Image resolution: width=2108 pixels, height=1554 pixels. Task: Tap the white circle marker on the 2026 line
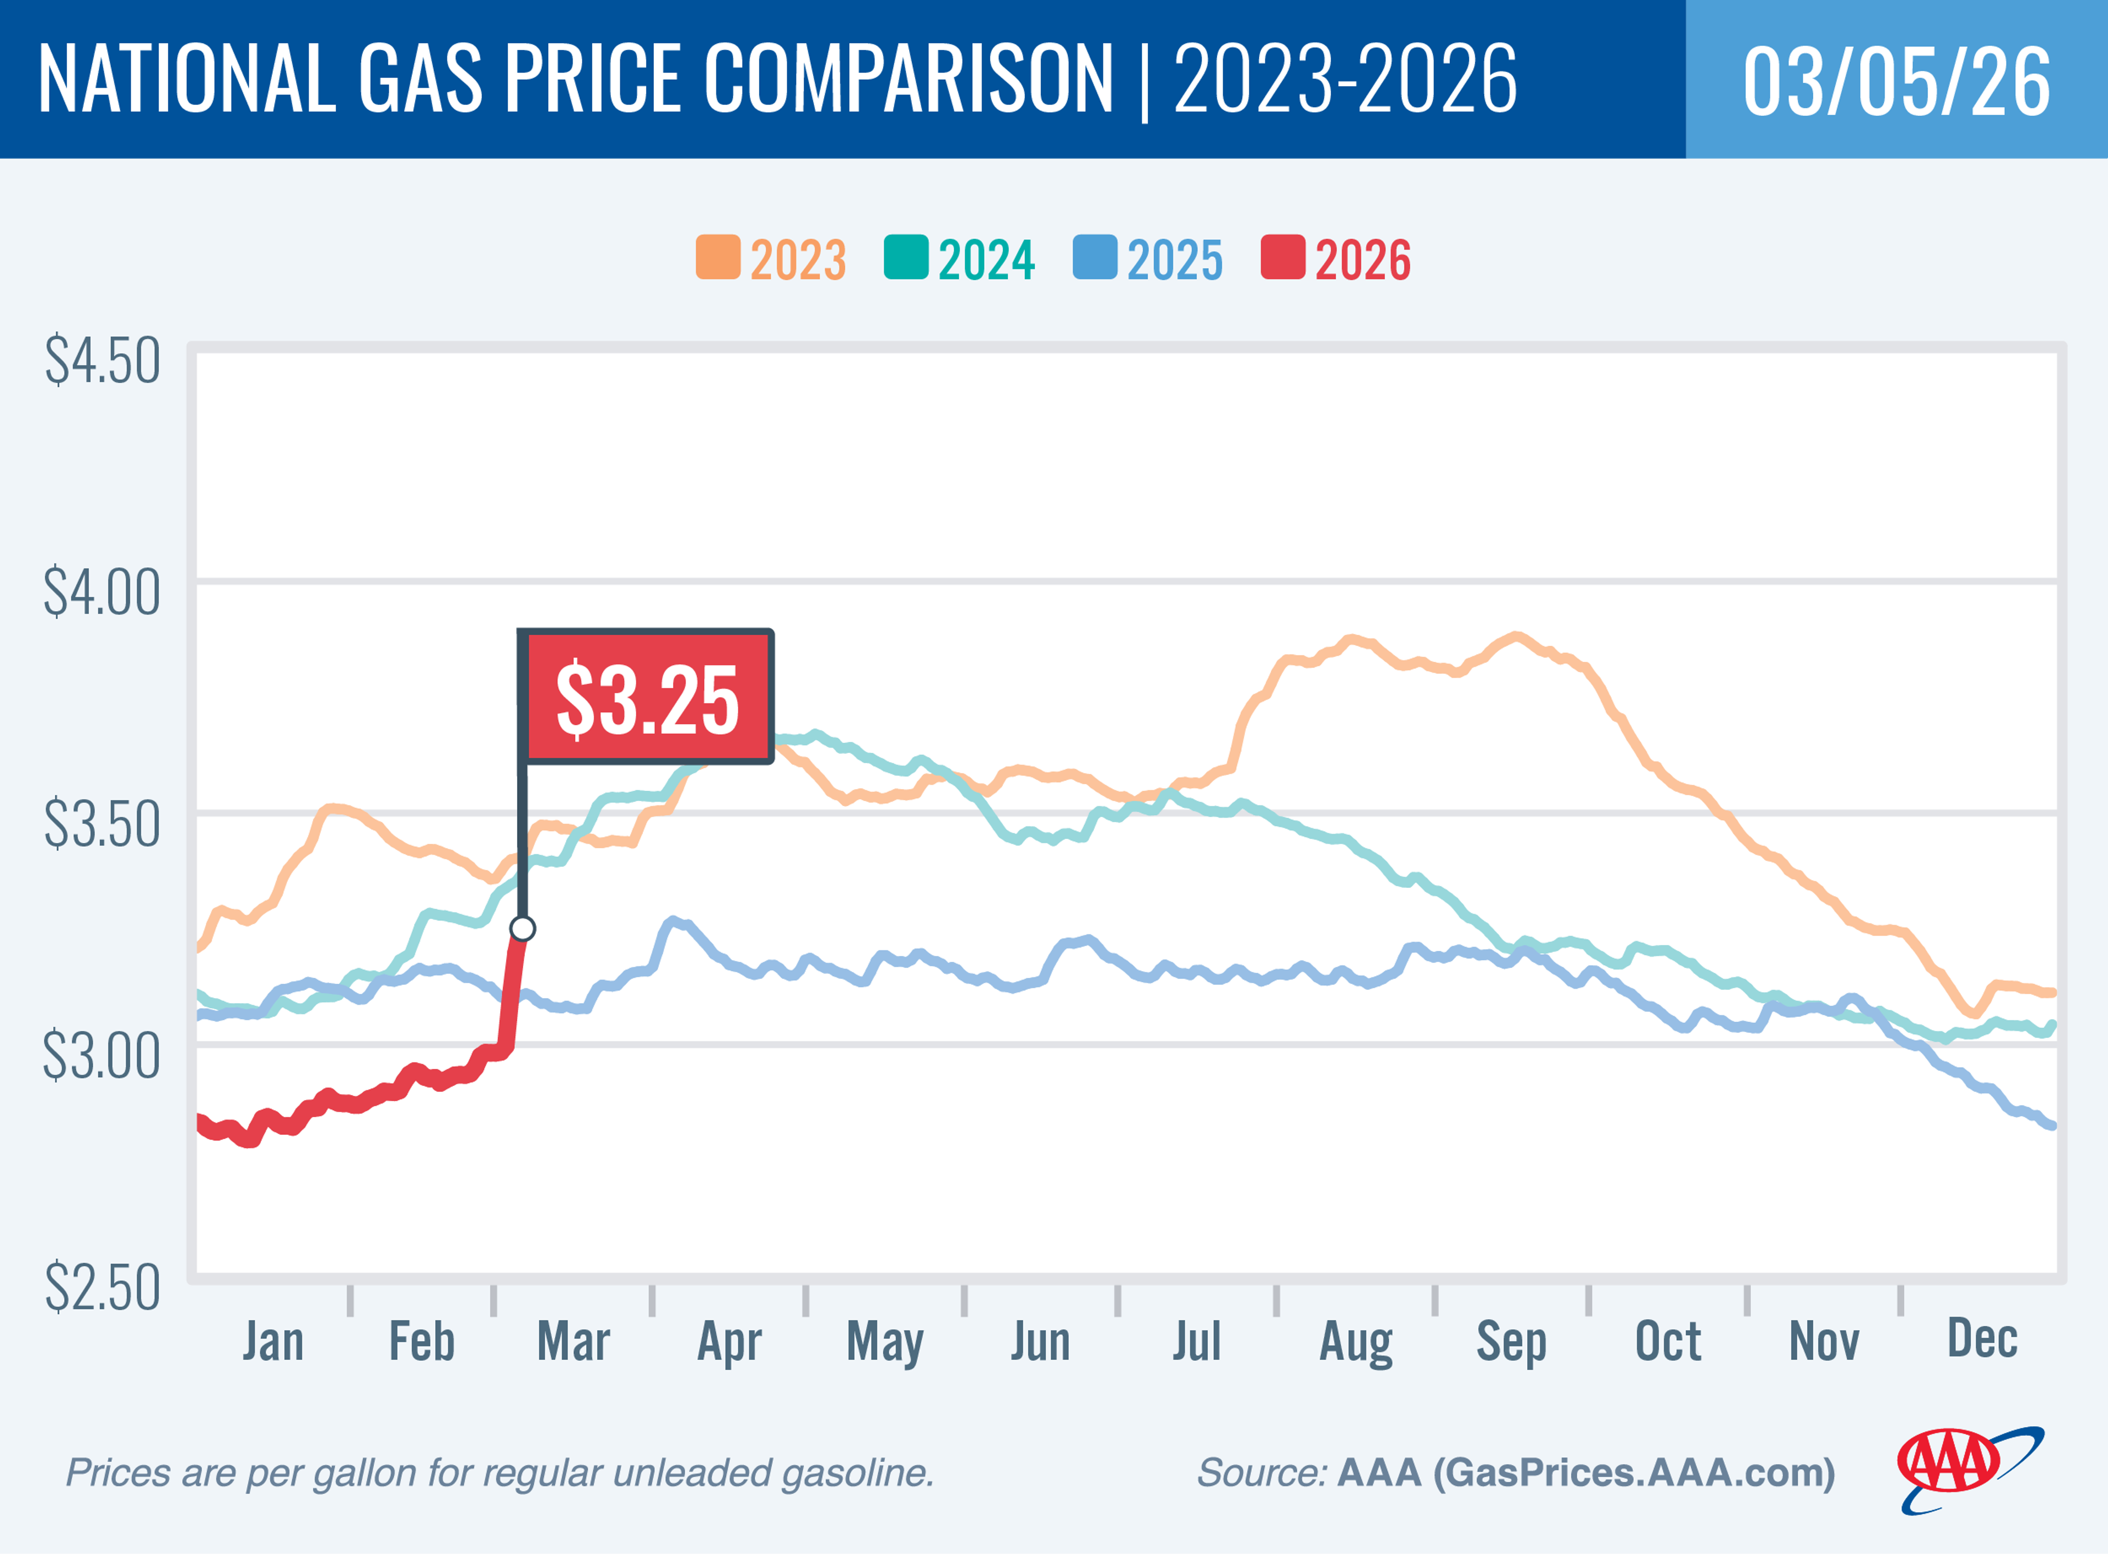click(x=522, y=928)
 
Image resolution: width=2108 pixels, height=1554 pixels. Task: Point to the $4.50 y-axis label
click(x=102, y=361)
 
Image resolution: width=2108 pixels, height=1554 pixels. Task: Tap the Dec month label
click(x=1982, y=1338)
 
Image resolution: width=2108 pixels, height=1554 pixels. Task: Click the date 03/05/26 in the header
click(x=1896, y=81)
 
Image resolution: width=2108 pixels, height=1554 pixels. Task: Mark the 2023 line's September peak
click(x=1515, y=637)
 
